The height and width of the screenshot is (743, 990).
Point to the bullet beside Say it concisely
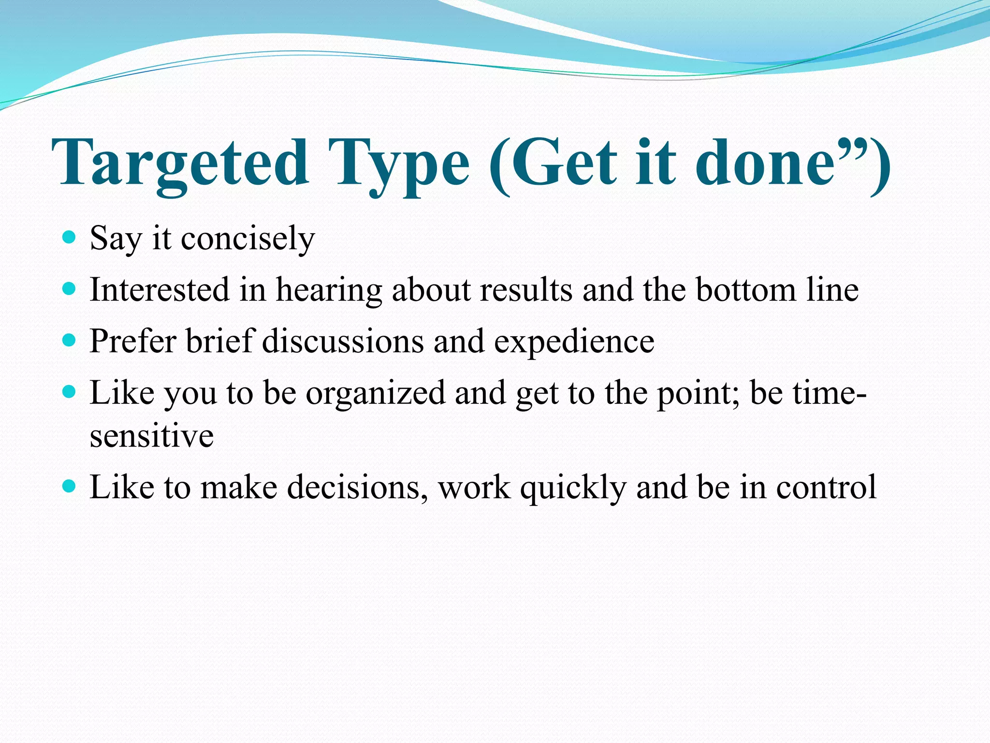70,237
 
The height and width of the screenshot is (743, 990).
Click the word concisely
247,238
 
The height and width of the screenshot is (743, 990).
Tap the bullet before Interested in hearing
70,289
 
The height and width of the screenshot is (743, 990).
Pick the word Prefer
133,342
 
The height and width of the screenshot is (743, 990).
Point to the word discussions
343,342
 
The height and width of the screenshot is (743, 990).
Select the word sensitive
151,436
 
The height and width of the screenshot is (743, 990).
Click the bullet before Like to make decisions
70,486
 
